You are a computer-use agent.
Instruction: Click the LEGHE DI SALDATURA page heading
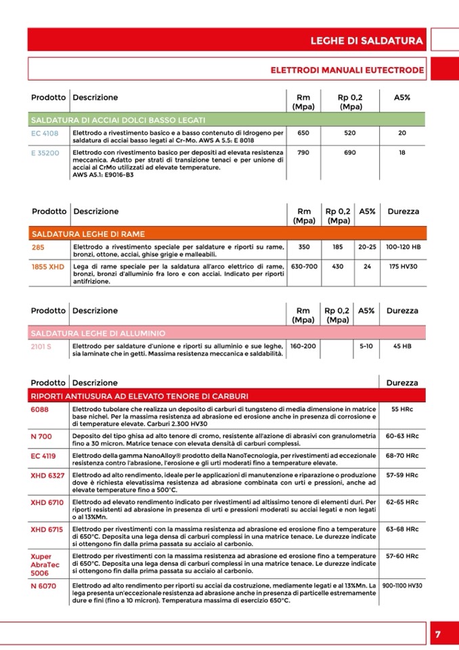pos(366,41)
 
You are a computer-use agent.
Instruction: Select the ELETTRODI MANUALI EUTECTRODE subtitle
pos(347,70)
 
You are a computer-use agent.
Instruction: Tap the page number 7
pos(437,634)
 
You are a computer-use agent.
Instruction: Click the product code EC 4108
pos(45,134)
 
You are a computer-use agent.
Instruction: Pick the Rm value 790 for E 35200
pos(303,153)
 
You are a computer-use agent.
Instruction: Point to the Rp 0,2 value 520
pos(349,134)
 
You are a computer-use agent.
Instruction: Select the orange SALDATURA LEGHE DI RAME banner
pos(227,234)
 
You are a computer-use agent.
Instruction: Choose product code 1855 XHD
pos(47,267)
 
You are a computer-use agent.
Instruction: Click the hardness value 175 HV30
pos(403,267)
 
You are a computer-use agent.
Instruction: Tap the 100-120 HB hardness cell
pos(403,247)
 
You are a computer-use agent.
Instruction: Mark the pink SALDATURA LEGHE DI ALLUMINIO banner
pos(227,333)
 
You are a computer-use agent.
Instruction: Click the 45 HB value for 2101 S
pos(403,346)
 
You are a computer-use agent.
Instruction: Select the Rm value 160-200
pos(303,346)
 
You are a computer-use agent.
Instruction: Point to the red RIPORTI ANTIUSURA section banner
pos(227,395)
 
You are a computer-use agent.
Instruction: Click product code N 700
pos(41,436)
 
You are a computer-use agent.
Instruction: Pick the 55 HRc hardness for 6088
pos(402,409)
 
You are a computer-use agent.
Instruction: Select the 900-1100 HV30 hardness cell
pos(402,585)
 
